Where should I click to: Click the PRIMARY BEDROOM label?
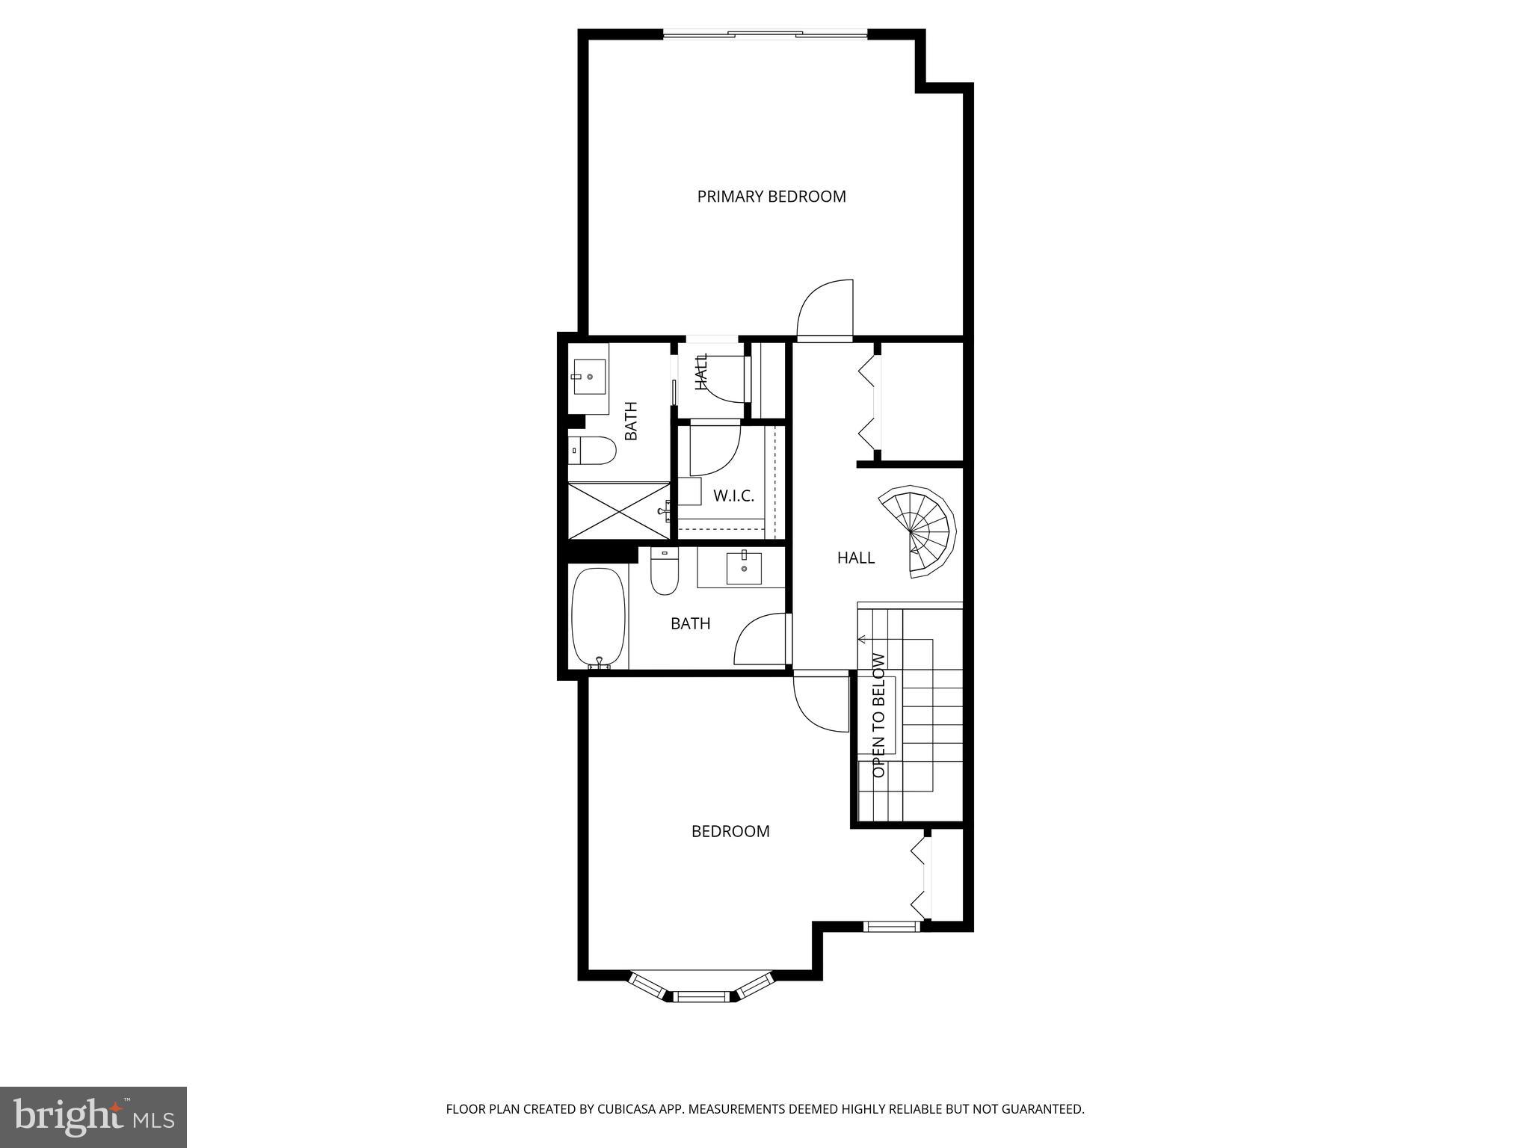[x=771, y=197]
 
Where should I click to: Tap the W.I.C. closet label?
[x=733, y=496]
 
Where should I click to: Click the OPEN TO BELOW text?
[x=879, y=715]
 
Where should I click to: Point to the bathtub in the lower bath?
[x=598, y=618]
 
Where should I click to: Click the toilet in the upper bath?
[x=591, y=451]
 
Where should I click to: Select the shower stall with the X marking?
[x=619, y=510]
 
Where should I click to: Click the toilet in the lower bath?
[x=664, y=573]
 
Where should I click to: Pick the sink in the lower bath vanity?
[x=744, y=568]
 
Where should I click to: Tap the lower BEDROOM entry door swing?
[x=821, y=703]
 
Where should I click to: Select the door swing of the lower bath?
[x=761, y=639]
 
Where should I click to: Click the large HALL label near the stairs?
[x=855, y=558]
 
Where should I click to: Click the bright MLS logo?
[x=93, y=1117]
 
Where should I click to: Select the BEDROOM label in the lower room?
[x=730, y=831]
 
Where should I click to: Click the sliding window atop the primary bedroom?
[x=765, y=34]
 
